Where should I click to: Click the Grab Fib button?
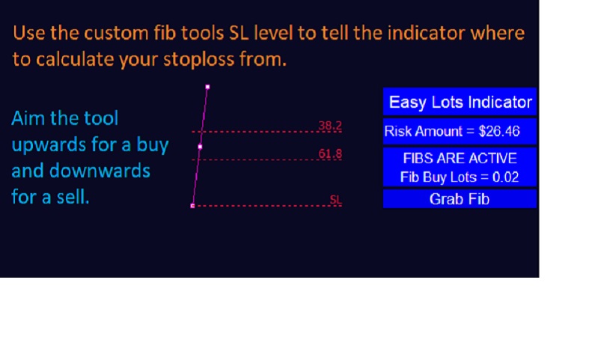(460, 199)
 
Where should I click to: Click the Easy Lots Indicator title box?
(460, 103)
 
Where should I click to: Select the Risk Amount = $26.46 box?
(460, 132)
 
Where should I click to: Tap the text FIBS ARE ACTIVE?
(460, 159)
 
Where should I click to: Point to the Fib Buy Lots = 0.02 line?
(460, 177)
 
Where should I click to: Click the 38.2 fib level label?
(330, 126)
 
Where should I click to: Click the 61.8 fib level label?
(330, 154)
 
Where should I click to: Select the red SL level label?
(335, 201)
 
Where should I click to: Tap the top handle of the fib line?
(207, 87)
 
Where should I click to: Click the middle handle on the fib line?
(200, 147)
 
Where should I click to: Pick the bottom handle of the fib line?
(192, 205)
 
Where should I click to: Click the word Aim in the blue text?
(28, 118)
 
